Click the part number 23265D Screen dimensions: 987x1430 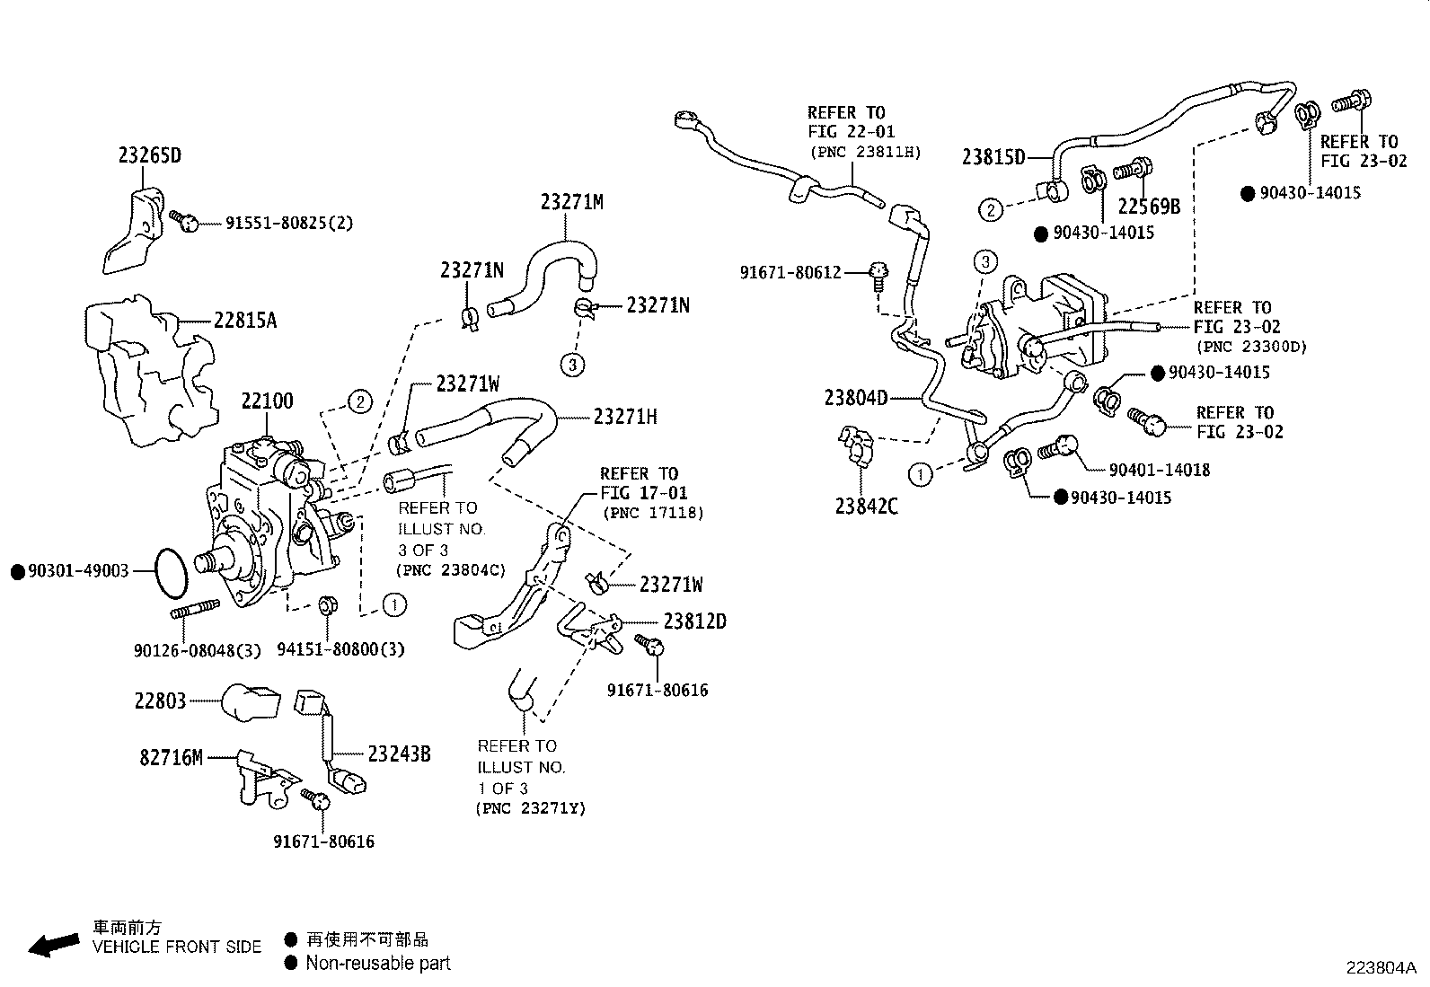coord(149,155)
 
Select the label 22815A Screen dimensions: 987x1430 coord(244,320)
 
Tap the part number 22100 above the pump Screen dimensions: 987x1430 coord(267,401)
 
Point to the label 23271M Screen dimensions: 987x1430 coord(571,203)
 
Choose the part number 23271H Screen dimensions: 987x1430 coord(625,417)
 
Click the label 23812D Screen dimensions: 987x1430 coord(694,621)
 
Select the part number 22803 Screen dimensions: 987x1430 coord(160,701)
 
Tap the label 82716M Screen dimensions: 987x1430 coord(171,758)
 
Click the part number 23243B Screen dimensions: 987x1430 coord(399,755)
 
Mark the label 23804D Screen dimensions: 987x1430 coord(855,397)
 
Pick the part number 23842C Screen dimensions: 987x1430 coord(866,507)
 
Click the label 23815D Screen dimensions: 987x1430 coord(993,157)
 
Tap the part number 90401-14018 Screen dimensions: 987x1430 coord(1159,470)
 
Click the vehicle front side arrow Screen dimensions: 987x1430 coord(53,944)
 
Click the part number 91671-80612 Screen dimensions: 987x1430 coord(790,272)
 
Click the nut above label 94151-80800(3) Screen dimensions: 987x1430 coord(328,605)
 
